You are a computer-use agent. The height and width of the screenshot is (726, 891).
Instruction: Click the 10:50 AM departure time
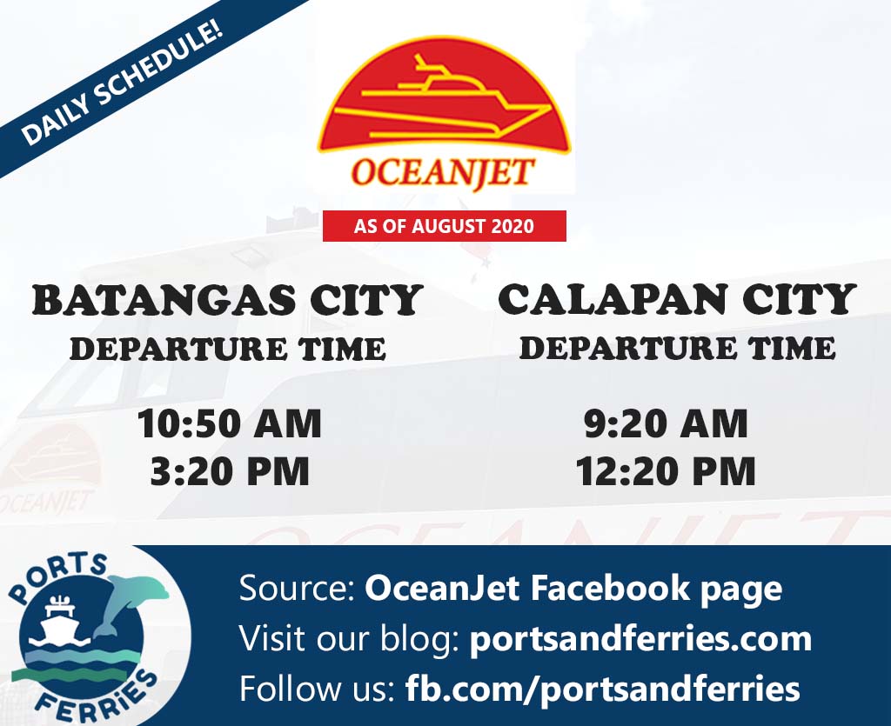pos(230,423)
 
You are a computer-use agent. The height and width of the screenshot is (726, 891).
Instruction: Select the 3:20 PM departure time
pos(230,471)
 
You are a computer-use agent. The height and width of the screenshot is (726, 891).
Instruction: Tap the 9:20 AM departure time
pos(666,423)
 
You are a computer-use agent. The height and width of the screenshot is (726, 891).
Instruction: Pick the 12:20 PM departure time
pos(666,471)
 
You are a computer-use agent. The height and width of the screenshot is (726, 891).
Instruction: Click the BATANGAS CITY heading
pos(227,300)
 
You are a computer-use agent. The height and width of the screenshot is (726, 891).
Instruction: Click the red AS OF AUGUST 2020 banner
pos(445,226)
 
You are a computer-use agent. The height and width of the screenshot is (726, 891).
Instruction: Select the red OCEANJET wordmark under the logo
pos(443,172)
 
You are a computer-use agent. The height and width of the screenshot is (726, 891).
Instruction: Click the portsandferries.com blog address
pos(641,638)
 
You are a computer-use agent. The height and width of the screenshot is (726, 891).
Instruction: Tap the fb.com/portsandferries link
pos(603,689)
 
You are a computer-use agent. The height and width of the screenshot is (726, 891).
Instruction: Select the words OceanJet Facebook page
pos(573,589)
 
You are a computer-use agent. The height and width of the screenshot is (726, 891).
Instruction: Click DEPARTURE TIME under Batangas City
pos(228,349)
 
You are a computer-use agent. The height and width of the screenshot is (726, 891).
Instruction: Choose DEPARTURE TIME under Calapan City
pos(677,348)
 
